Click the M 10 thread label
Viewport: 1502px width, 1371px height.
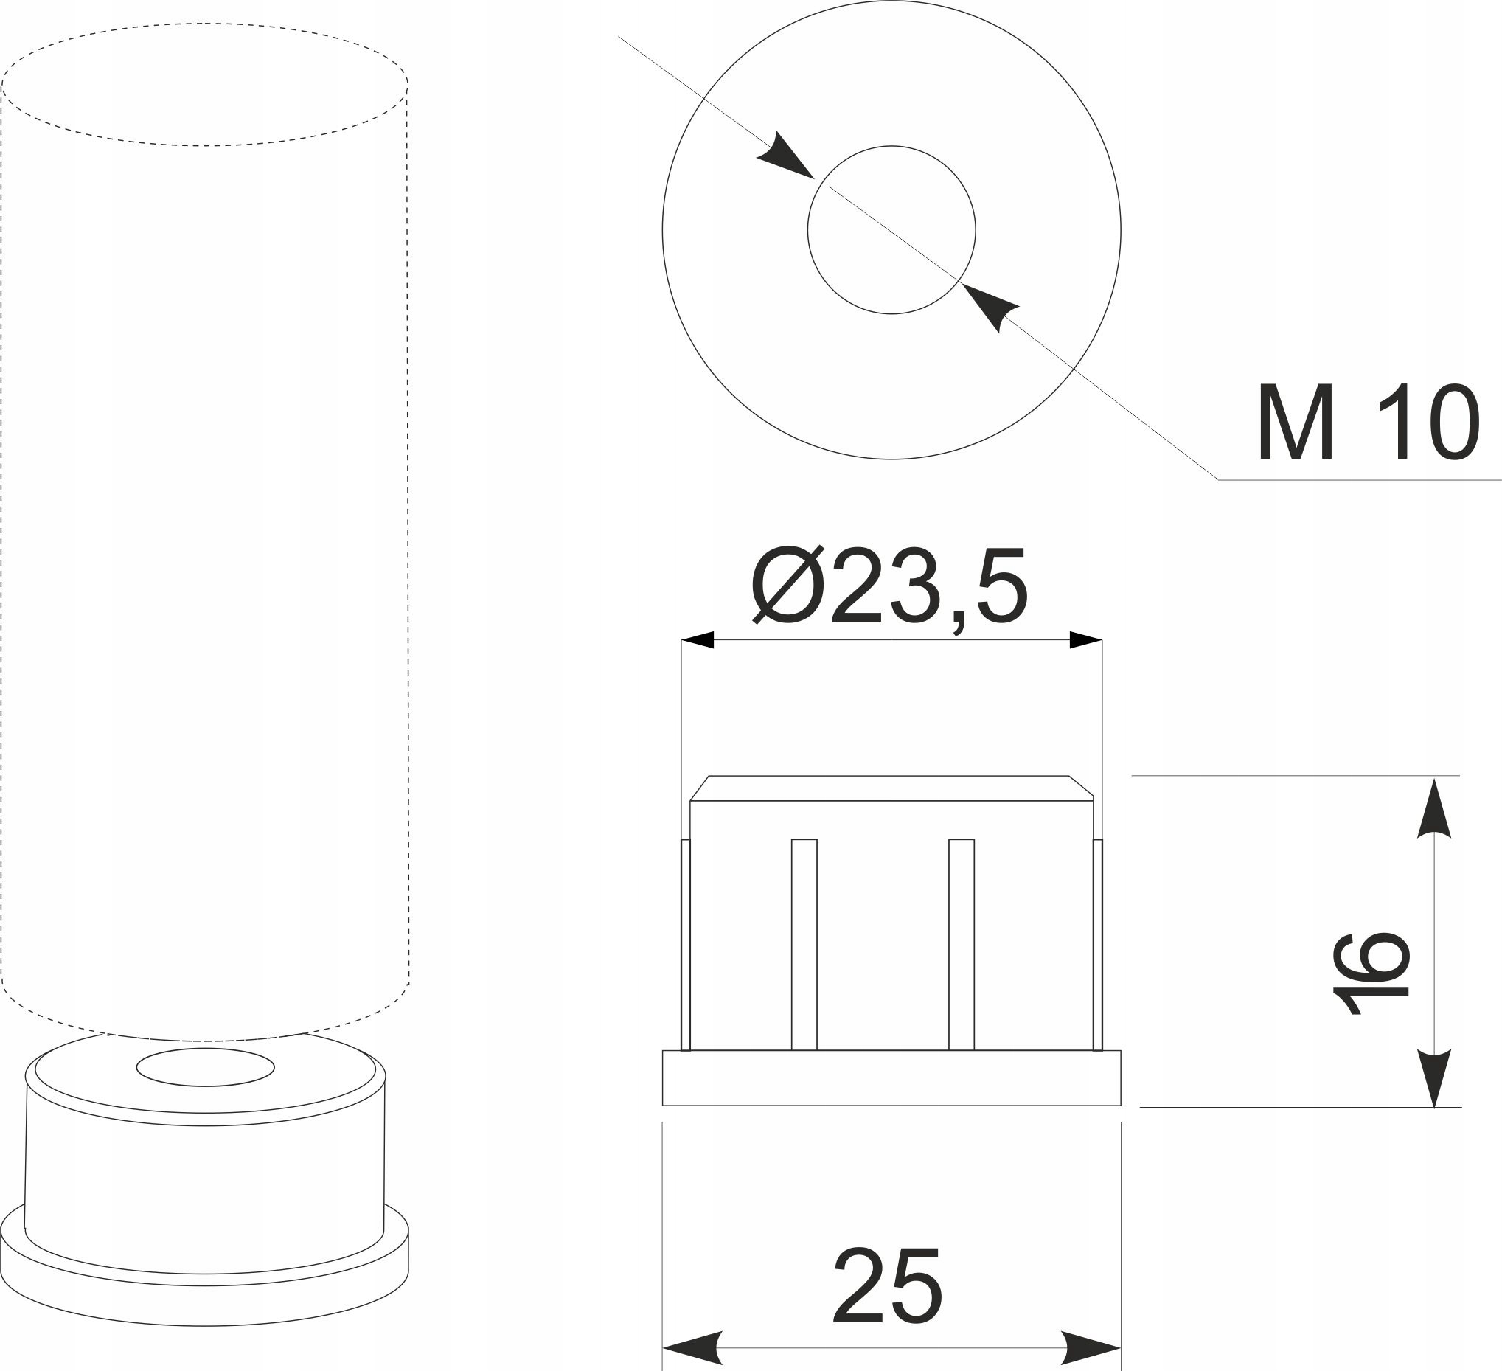click(x=1367, y=423)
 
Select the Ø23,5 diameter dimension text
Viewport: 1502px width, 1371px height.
click(x=890, y=586)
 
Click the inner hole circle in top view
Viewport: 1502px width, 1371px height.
click(x=891, y=147)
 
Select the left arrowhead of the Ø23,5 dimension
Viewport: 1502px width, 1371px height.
click(x=698, y=639)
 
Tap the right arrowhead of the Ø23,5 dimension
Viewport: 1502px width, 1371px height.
click(x=1085, y=639)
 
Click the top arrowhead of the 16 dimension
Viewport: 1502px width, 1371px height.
click(x=1434, y=808)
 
